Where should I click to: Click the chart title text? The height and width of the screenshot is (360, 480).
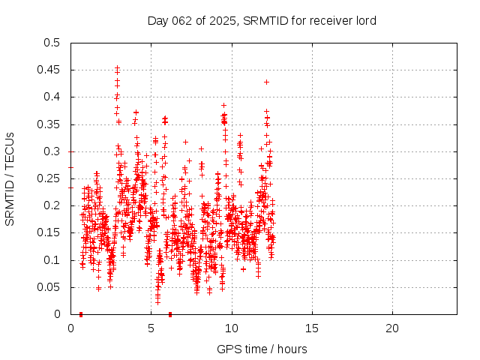click(262, 20)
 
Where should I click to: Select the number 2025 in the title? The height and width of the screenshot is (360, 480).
click(223, 20)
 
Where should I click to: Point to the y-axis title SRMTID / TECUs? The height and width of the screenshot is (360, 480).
click(10, 178)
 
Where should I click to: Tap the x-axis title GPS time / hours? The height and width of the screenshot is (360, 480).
click(262, 349)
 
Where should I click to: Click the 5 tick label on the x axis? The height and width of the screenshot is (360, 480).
click(151, 328)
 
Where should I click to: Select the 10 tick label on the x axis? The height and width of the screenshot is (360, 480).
click(232, 328)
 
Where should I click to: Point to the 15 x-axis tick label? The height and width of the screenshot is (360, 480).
click(312, 328)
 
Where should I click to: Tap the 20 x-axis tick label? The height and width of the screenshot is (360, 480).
click(392, 328)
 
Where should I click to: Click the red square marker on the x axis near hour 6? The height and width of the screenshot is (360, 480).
click(170, 313)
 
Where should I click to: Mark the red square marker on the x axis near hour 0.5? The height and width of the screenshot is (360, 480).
click(80, 313)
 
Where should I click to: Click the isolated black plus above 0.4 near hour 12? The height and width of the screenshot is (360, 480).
click(266, 82)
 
